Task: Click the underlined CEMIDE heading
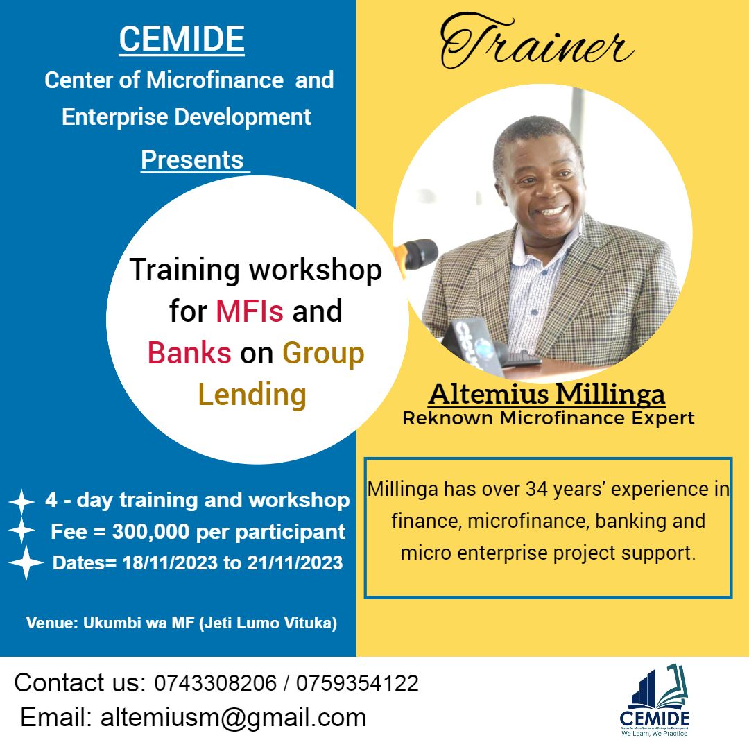(182, 40)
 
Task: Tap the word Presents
(193, 160)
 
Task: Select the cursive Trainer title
(536, 42)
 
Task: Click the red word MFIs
(250, 311)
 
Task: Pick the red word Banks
(189, 353)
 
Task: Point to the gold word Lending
(252, 395)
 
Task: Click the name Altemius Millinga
(547, 395)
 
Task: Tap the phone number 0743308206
(216, 683)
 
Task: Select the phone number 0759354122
(357, 683)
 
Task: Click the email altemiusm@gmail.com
(233, 718)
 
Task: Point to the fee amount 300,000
(151, 532)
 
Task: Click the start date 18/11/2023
(170, 562)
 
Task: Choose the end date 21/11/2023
(295, 562)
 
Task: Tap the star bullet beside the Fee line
(21, 530)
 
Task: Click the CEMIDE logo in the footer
(655, 700)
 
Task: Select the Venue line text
(182, 623)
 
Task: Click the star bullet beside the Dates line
(26, 562)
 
